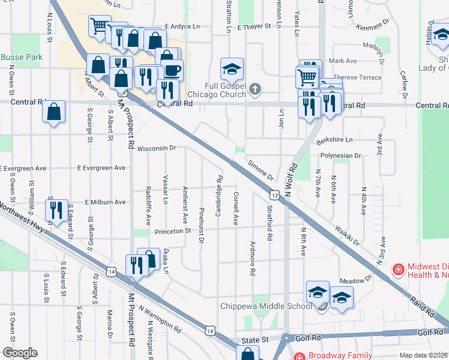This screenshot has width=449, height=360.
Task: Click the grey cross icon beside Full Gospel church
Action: click(255, 90)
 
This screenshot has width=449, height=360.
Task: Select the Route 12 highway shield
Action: click(274, 195)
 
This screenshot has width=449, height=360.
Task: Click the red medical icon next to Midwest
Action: click(397, 269)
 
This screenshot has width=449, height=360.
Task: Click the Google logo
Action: click(20, 352)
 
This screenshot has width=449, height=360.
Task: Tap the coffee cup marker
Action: click(172, 70)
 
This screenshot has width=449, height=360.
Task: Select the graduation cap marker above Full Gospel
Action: click(231, 68)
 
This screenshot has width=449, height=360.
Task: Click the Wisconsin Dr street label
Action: click(156, 148)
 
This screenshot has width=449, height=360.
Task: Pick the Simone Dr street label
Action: click(261, 170)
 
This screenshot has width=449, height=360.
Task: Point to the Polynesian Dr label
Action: click(340, 155)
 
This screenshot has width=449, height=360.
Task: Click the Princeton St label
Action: click(172, 230)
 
